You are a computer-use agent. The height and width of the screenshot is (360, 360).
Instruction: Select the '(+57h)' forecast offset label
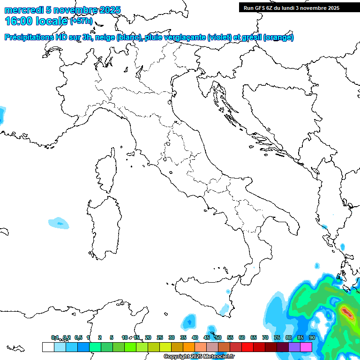82,22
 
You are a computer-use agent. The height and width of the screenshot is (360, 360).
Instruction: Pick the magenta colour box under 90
306,347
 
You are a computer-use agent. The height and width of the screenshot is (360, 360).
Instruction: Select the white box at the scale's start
48,347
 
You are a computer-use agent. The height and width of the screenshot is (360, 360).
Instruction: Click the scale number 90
312,337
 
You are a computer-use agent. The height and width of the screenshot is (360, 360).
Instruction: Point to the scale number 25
160,337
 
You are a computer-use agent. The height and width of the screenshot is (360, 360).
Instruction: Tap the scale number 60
242,337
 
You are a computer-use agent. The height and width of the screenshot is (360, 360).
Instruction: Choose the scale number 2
100,337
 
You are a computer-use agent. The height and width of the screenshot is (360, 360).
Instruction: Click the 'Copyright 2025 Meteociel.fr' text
199,357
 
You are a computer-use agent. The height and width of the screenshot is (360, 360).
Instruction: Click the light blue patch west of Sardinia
59,223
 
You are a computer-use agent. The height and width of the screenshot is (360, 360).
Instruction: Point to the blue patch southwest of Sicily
189,321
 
